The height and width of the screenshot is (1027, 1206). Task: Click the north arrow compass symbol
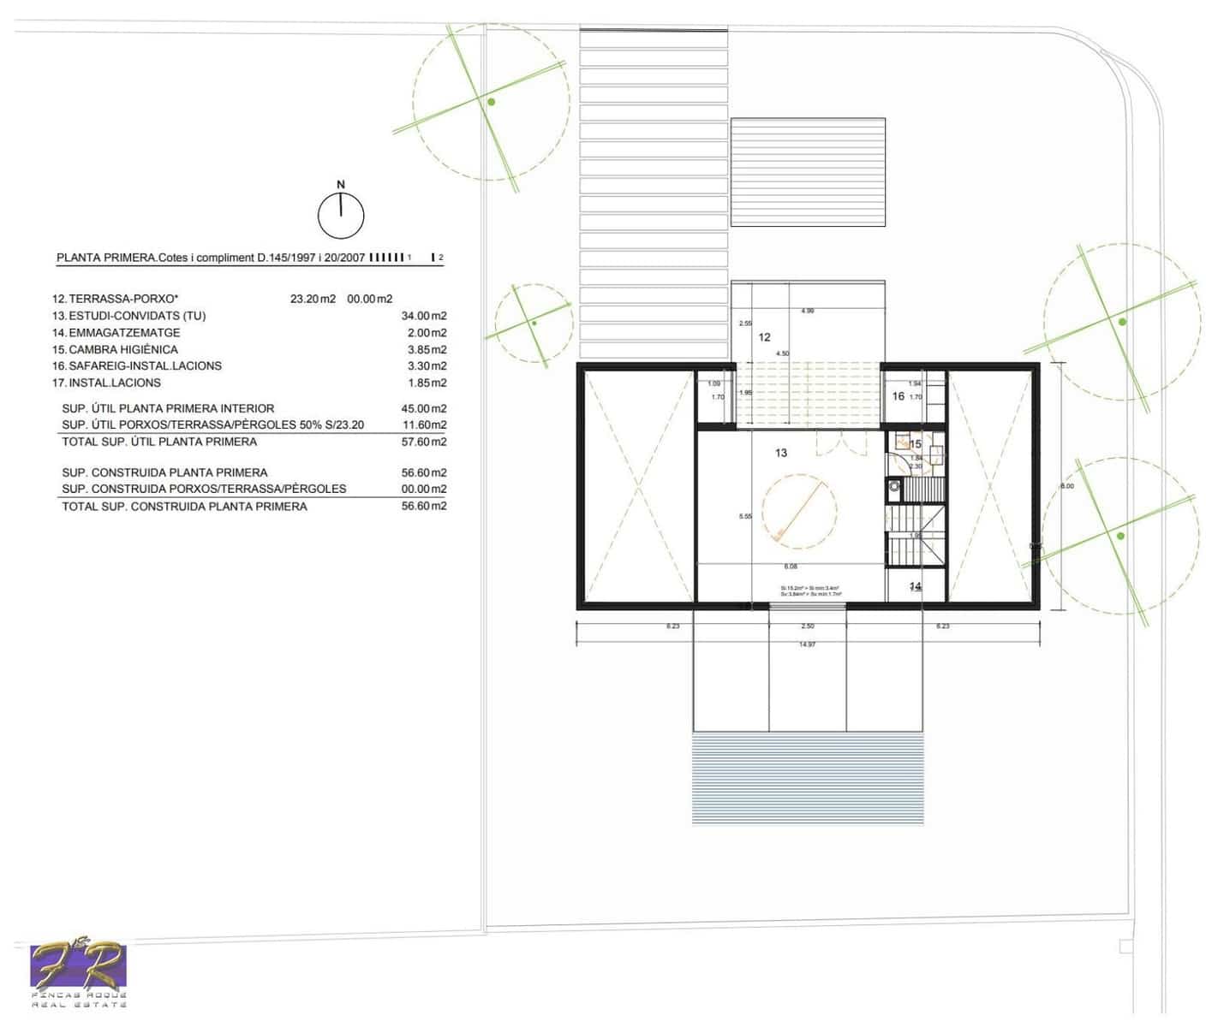point(341,215)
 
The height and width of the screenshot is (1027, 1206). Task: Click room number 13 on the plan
point(780,453)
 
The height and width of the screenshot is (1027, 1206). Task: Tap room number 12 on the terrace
point(764,337)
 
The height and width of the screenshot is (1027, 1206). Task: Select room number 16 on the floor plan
point(899,396)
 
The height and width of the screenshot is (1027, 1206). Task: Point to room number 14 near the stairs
point(915,586)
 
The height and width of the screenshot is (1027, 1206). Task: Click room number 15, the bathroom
point(916,444)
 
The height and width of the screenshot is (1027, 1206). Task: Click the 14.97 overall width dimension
point(807,644)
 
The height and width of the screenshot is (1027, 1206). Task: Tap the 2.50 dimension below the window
point(807,626)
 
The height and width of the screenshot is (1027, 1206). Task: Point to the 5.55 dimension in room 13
point(745,516)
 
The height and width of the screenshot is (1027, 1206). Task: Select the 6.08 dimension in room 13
point(791,567)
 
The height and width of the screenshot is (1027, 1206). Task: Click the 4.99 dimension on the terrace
point(807,311)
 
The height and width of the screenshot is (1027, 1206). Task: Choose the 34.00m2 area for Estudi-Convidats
point(424,316)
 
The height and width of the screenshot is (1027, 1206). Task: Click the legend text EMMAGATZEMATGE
point(124,333)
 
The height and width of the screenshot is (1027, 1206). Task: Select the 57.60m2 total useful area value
point(424,442)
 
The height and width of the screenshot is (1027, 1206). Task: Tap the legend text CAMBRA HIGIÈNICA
point(123,349)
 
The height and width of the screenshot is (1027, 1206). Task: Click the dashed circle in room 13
point(799,512)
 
